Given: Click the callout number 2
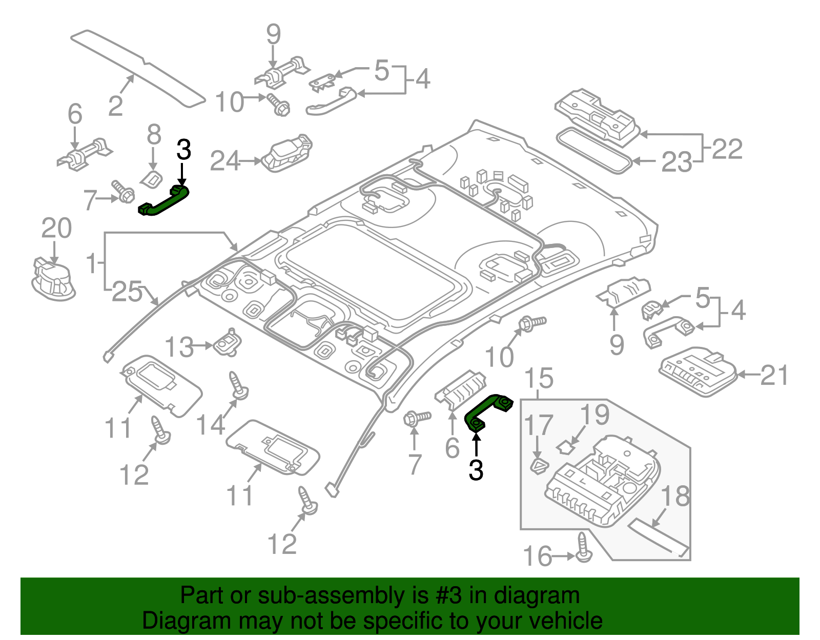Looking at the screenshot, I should [116, 106].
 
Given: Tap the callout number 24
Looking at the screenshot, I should [225, 161].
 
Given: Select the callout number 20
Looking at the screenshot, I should [56, 229].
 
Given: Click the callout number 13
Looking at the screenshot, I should [179, 347].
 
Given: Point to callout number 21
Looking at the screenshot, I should [774, 376].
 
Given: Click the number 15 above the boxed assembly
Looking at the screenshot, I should [539, 378].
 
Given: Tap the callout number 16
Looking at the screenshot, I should [537, 556].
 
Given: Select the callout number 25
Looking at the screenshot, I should [127, 292].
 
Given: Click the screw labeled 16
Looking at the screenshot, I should [583, 548].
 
